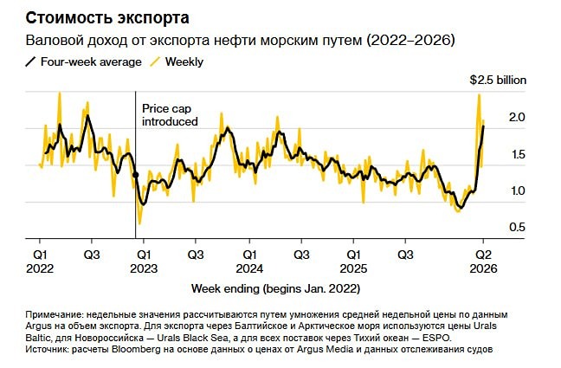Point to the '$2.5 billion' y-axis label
(498, 80)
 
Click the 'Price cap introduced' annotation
(170, 115)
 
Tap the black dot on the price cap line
(135, 175)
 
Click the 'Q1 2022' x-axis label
(40, 262)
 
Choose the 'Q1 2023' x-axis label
(145, 262)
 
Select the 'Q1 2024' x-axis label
(249, 262)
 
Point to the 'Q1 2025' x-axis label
(353, 262)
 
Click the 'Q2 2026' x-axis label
(483, 262)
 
